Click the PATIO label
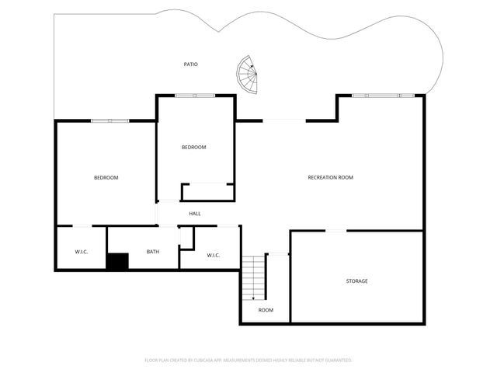tap(190, 64)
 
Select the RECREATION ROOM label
tap(330, 178)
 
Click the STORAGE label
tap(356, 281)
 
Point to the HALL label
tap(195, 214)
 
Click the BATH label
tap(153, 251)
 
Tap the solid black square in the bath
tap(117, 262)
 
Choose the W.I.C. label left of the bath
tap(82, 251)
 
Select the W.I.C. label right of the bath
tap(214, 255)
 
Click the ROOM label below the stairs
tap(266, 310)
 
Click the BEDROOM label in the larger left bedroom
tap(106, 178)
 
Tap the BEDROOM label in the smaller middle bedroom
tap(193, 148)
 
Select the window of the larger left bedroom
tap(109, 120)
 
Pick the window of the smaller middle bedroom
tap(194, 96)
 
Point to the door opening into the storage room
tap(335, 231)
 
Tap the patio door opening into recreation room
tap(283, 120)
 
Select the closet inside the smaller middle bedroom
tap(207, 192)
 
